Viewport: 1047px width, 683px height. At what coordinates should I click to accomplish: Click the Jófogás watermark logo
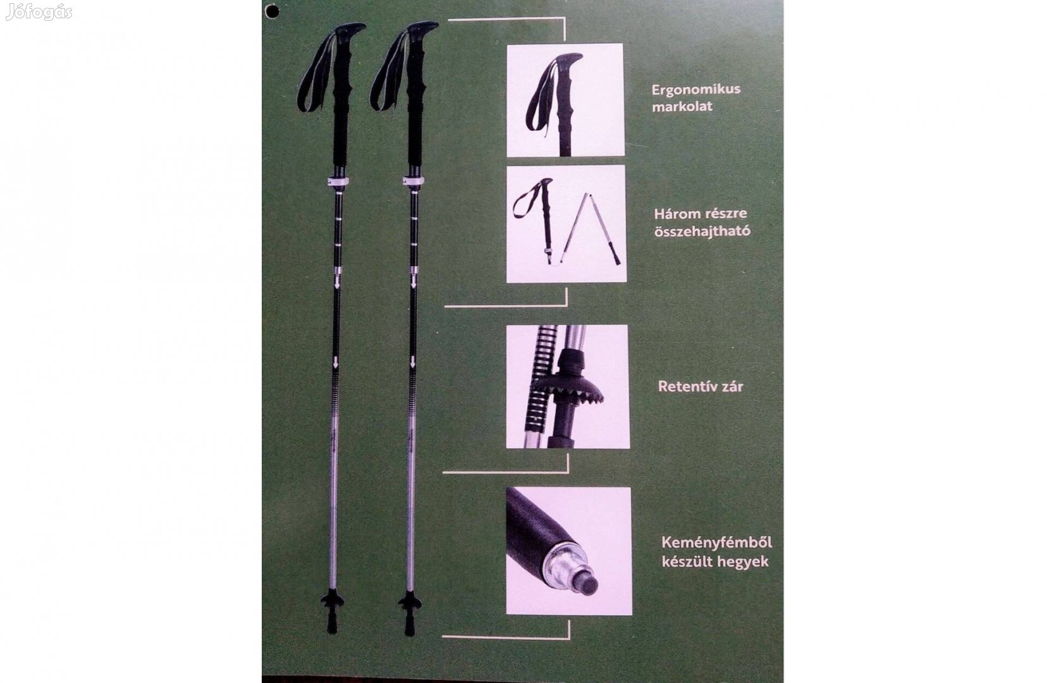(x=39, y=12)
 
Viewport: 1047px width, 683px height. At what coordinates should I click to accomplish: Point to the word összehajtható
(x=701, y=231)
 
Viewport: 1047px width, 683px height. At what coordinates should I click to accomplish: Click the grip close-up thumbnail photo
(x=565, y=99)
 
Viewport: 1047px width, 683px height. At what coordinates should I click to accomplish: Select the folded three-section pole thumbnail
(x=565, y=224)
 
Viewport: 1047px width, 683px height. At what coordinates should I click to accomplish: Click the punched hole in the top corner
(x=272, y=11)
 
